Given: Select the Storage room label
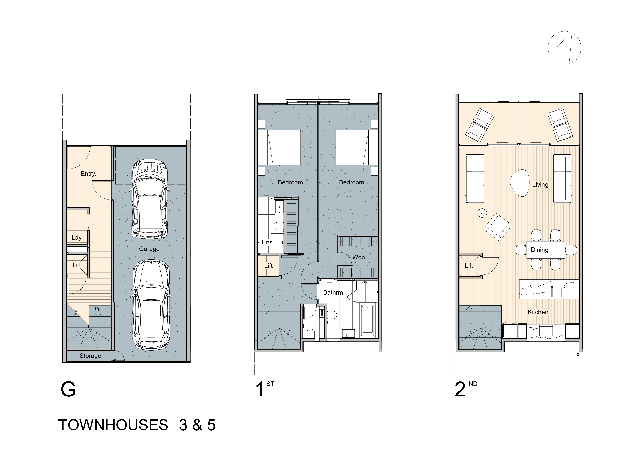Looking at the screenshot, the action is tap(90, 356).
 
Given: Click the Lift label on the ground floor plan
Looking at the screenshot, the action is tap(77, 265).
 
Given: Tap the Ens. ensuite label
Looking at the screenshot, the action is tap(268, 242).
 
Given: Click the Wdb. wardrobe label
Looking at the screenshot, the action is tap(359, 257).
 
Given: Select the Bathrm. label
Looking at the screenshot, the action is tap(334, 292).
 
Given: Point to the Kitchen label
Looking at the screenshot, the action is tap(538, 312).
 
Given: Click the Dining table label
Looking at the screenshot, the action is tap(539, 250).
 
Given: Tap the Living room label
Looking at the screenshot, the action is tap(540, 185).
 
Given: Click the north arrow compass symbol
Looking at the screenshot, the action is tap(564, 47).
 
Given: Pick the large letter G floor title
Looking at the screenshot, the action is tap(68, 390).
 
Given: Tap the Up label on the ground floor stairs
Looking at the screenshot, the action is tap(97, 309).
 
